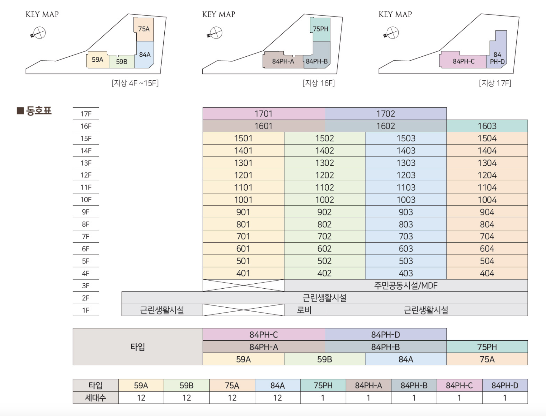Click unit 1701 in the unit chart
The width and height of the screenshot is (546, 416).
pyautogui.click(x=263, y=114)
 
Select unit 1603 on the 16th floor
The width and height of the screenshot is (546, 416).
pyautogui.click(x=487, y=126)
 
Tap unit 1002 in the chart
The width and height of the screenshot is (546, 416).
pyautogui.click(x=324, y=200)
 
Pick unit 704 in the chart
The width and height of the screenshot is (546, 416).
pyautogui.click(x=487, y=236)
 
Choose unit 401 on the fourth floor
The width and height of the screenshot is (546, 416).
pyautogui.click(x=243, y=273)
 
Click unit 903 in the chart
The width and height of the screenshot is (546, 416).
pyautogui.click(x=406, y=212)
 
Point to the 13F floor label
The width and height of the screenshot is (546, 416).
pyautogui.click(x=86, y=163)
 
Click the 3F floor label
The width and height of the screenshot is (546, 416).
pyautogui.click(x=86, y=286)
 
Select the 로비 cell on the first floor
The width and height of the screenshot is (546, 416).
pyautogui.click(x=304, y=310)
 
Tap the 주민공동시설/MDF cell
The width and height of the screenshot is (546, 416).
pyautogui.click(x=406, y=286)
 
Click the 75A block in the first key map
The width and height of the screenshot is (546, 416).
pyautogui.click(x=144, y=29)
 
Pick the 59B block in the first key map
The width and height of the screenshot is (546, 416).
pyautogui.click(x=122, y=62)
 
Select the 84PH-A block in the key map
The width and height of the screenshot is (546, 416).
pyautogui.click(x=283, y=61)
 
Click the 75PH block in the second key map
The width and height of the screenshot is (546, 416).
pyautogui.click(x=320, y=29)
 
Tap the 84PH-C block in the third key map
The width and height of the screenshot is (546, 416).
pyautogui.click(x=464, y=61)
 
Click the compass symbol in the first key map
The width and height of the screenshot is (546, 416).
pyautogui.click(x=39, y=33)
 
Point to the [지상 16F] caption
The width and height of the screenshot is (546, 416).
pyautogui.click(x=318, y=83)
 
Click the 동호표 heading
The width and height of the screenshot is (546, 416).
pyautogui.click(x=38, y=111)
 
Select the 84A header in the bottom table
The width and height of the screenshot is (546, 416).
pyautogui.click(x=277, y=385)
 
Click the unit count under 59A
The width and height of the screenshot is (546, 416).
pyautogui.click(x=141, y=398)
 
